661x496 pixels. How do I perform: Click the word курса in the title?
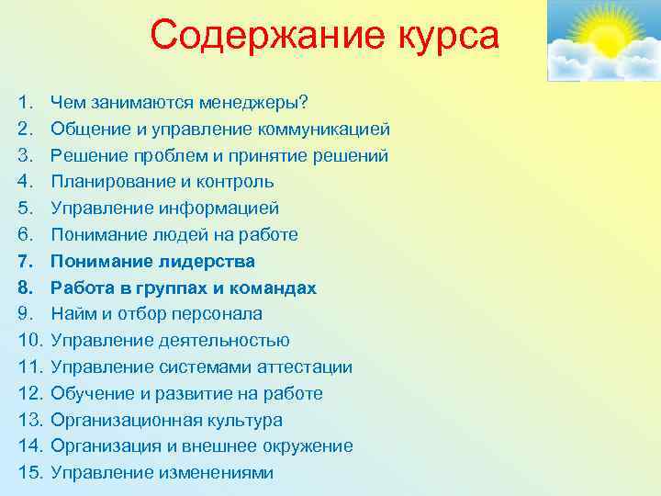click(x=439, y=37)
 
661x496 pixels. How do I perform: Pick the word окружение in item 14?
click(x=308, y=446)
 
